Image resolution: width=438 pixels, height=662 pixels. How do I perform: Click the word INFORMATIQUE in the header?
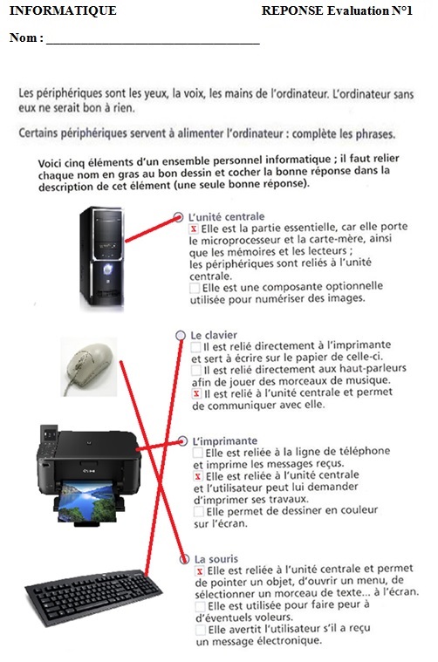(x=63, y=10)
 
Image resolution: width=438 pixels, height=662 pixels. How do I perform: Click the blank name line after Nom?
(x=153, y=43)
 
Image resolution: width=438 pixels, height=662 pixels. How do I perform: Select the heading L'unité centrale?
(x=226, y=217)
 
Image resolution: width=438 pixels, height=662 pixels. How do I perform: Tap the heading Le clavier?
(x=214, y=335)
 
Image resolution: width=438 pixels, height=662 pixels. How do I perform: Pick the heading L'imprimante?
(x=225, y=441)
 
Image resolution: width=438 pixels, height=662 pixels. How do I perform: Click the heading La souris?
(x=216, y=559)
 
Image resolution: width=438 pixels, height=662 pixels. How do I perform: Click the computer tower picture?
(x=102, y=256)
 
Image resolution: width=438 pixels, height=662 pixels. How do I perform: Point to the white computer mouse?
(x=89, y=366)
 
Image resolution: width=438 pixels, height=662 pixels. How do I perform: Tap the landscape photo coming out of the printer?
(x=86, y=502)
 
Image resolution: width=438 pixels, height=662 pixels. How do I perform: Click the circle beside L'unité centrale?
(x=178, y=217)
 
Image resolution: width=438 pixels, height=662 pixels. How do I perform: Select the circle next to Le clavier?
(x=181, y=335)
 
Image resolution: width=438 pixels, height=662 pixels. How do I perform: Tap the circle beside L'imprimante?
(x=182, y=441)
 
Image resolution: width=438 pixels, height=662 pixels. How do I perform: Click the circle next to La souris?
(x=185, y=559)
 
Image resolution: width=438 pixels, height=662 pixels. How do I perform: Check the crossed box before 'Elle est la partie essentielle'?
(x=194, y=229)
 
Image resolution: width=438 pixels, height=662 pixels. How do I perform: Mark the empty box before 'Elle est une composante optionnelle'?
(x=195, y=288)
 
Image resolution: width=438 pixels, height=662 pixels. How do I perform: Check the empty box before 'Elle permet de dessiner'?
(x=199, y=512)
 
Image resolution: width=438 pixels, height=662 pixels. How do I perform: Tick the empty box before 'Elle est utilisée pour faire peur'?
(x=200, y=606)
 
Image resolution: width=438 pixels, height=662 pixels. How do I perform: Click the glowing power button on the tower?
(x=108, y=268)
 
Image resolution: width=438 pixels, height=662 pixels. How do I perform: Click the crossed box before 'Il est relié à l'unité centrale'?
(x=196, y=394)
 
